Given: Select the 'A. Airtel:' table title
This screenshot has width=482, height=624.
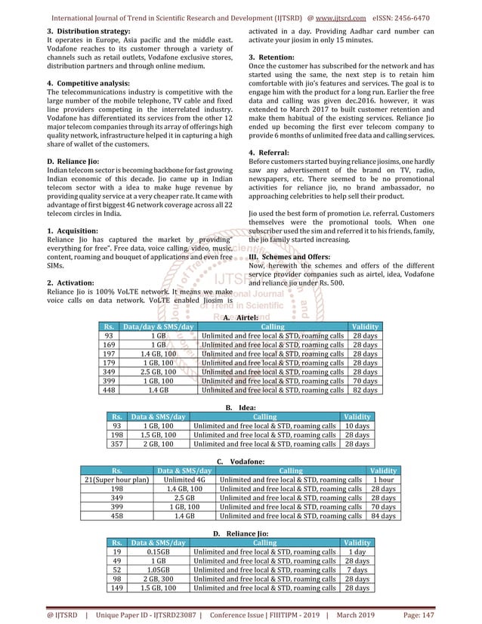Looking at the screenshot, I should click(240, 318).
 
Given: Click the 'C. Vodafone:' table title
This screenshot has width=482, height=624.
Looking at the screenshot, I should click(240, 461).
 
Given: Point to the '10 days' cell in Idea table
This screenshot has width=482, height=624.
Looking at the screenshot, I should click(357, 426).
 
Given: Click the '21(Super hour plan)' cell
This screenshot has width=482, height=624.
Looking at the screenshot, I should click(117, 480).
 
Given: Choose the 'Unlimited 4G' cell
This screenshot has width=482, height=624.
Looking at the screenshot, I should click(184, 480).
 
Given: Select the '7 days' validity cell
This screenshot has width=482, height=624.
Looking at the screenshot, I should click(357, 570).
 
